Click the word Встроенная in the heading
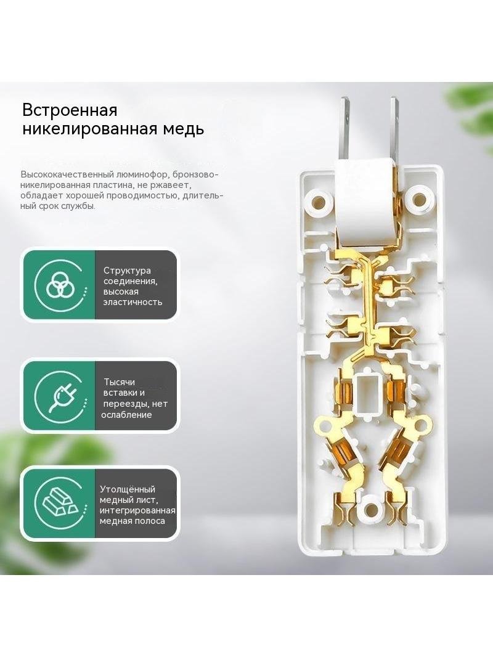pos(70,110)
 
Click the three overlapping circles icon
pos(59,285)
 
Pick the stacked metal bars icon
pos(59,503)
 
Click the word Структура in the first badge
pos(127,271)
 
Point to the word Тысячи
pos(120,382)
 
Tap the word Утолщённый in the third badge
pos(128,489)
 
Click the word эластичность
pos(132,302)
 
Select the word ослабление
pos(126,415)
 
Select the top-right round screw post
pos(420,198)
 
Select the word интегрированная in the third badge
pos(137,511)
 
